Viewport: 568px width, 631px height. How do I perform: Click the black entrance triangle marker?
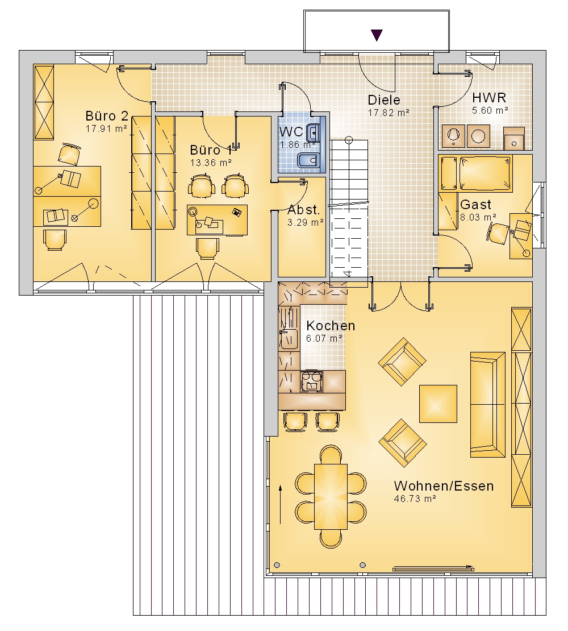377,35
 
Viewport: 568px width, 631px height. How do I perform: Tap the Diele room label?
384,100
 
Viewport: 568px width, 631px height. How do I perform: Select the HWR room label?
489,97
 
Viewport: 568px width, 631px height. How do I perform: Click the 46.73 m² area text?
415,499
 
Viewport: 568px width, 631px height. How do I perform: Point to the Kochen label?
331,326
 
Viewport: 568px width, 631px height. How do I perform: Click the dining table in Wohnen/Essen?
331,497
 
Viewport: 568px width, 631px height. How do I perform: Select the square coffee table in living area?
438,404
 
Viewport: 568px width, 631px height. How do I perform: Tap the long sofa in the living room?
487,404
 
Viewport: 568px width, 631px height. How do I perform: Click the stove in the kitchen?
311,381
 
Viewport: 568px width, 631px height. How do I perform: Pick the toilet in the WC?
309,162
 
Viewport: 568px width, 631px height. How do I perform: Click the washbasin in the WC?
313,133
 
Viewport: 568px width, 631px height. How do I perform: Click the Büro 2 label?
107,116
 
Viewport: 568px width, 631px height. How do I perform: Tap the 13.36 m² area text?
211,163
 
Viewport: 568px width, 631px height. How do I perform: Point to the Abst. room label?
304,210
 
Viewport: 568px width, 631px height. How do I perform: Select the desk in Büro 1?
217,220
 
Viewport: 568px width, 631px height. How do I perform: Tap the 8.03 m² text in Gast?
478,217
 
